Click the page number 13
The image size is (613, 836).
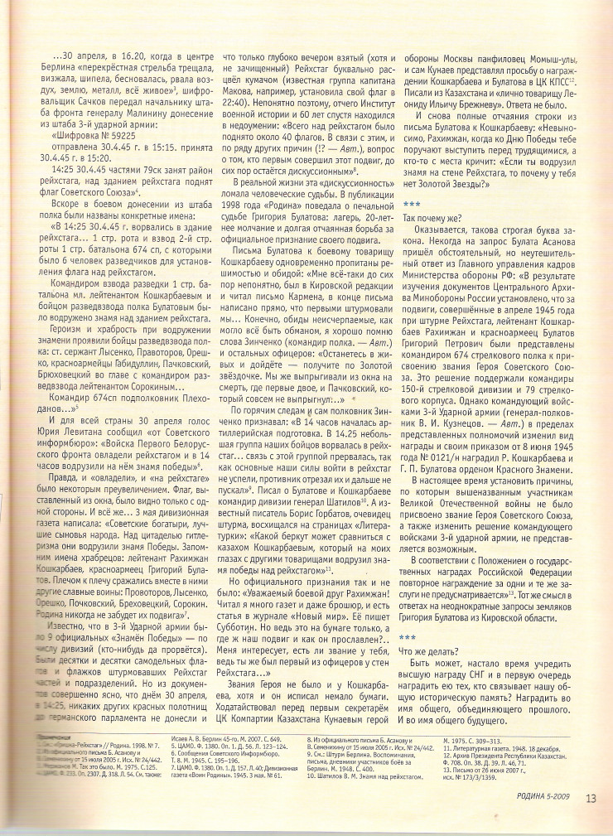click(589, 820)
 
